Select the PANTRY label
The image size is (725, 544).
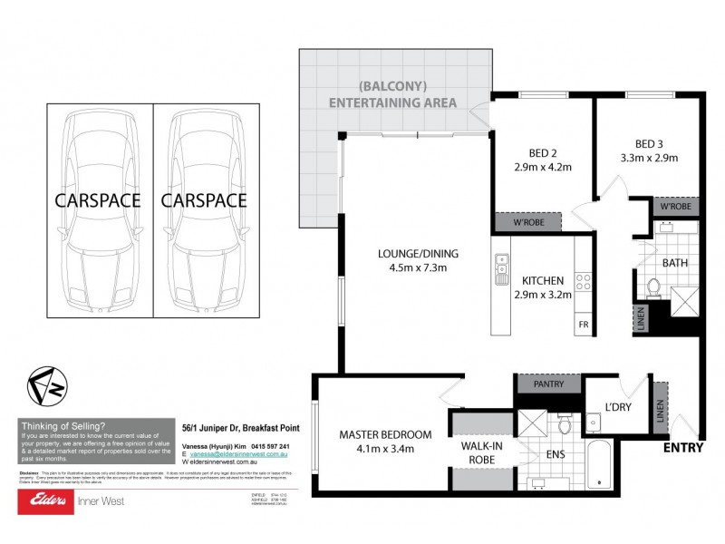[549, 384]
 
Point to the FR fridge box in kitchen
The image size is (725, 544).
[582, 324]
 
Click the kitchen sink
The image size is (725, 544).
[501, 268]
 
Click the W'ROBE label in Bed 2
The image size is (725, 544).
[527, 222]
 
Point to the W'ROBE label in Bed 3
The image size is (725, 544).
[675, 207]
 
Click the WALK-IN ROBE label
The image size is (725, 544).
[483, 452]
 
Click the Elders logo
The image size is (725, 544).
[45, 500]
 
